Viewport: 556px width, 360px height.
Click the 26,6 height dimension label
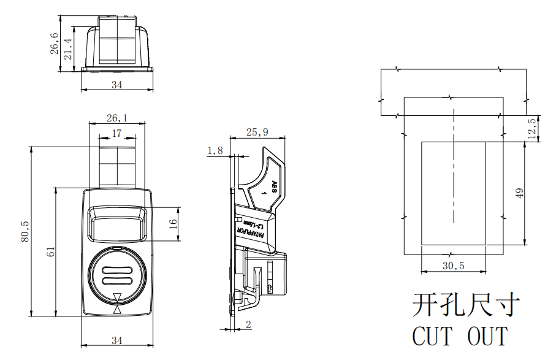[55, 44]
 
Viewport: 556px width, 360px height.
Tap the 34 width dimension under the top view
[116, 85]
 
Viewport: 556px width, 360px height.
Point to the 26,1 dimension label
[117, 118]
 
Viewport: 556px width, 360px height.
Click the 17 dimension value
[116, 133]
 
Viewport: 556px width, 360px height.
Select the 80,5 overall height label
[25, 231]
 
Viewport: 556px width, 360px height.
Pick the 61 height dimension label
[51, 251]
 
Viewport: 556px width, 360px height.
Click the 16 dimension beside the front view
[173, 223]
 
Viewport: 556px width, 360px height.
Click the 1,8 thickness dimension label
[215, 150]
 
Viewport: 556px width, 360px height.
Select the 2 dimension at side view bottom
[248, 325]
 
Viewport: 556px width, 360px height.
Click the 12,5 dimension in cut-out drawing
[531, 128]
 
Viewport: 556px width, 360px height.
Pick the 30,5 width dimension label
[453, 266]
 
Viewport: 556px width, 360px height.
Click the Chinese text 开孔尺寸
[466, 305]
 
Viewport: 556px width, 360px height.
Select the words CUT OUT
[460, 336]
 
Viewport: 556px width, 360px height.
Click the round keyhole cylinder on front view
[116, 275]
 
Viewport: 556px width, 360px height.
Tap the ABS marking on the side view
[274, 186]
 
